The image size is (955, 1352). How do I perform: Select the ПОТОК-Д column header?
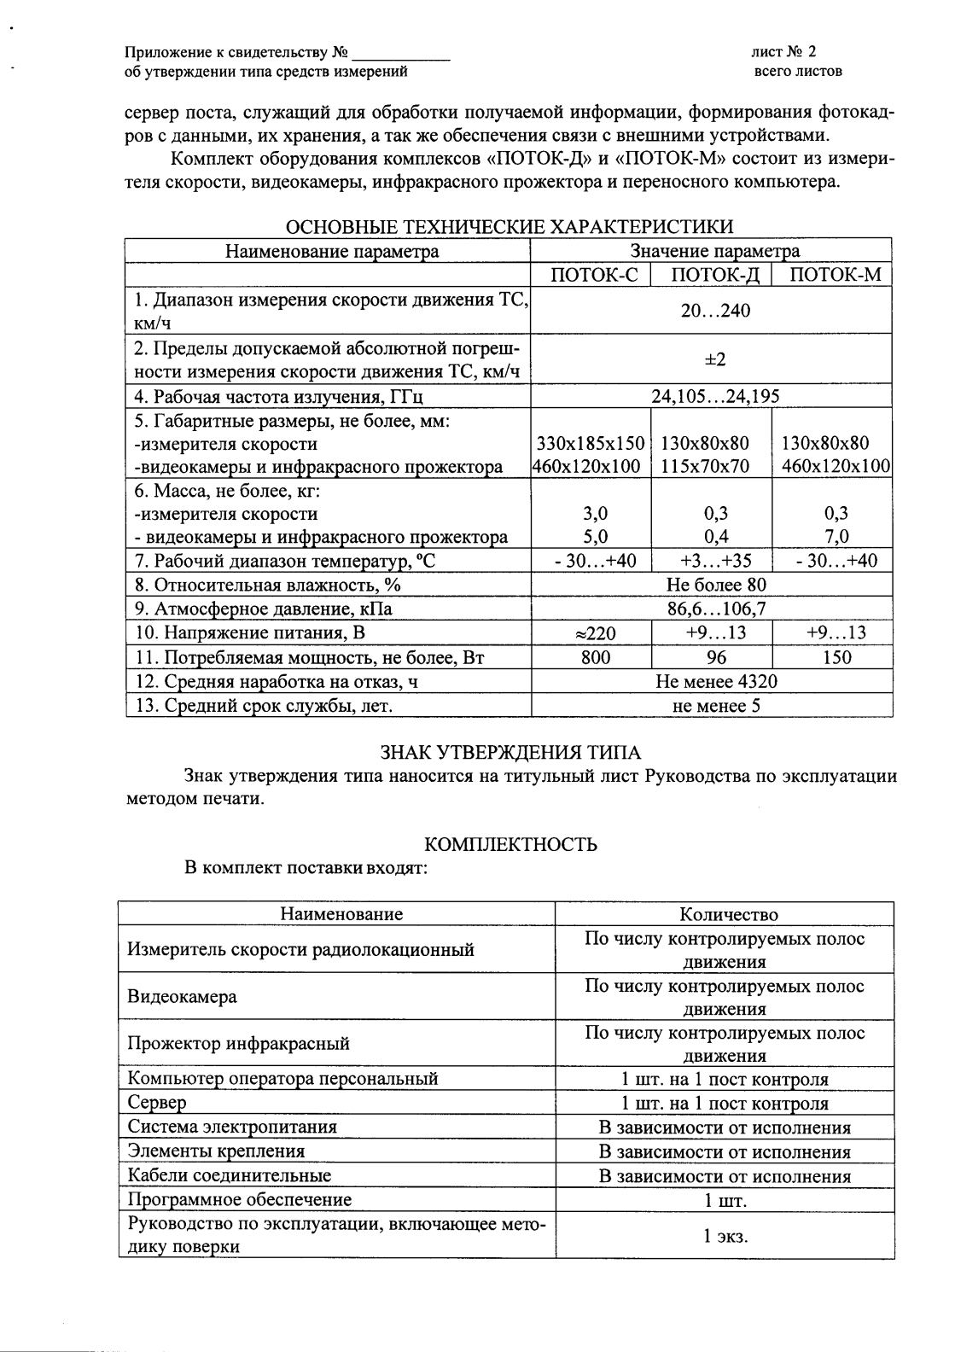pos(712,275)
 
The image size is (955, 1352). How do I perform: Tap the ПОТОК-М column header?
pos(831,275)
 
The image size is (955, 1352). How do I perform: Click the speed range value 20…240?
pos(715,311)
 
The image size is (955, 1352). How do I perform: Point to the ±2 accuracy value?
pos(715,359)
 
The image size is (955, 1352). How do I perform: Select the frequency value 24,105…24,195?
pos(715,396)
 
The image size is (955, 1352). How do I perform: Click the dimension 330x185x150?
pos(591,443)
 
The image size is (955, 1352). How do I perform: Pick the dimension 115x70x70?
pos(705,467)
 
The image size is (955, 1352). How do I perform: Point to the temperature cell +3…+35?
pos(712,561)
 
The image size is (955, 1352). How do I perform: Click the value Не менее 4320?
pos(716,681)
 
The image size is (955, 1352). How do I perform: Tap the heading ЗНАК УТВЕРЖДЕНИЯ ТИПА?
pos(510,752)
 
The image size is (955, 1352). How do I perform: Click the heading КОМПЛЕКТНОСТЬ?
pos(510,845)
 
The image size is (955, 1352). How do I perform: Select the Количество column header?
pos(729,914)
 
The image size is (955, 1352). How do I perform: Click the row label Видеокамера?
pos(183,997)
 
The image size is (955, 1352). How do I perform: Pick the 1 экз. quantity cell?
pos(725,1236)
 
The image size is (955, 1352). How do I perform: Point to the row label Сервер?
pos(157,1103)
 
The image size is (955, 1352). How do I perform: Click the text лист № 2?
pos(783,52)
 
